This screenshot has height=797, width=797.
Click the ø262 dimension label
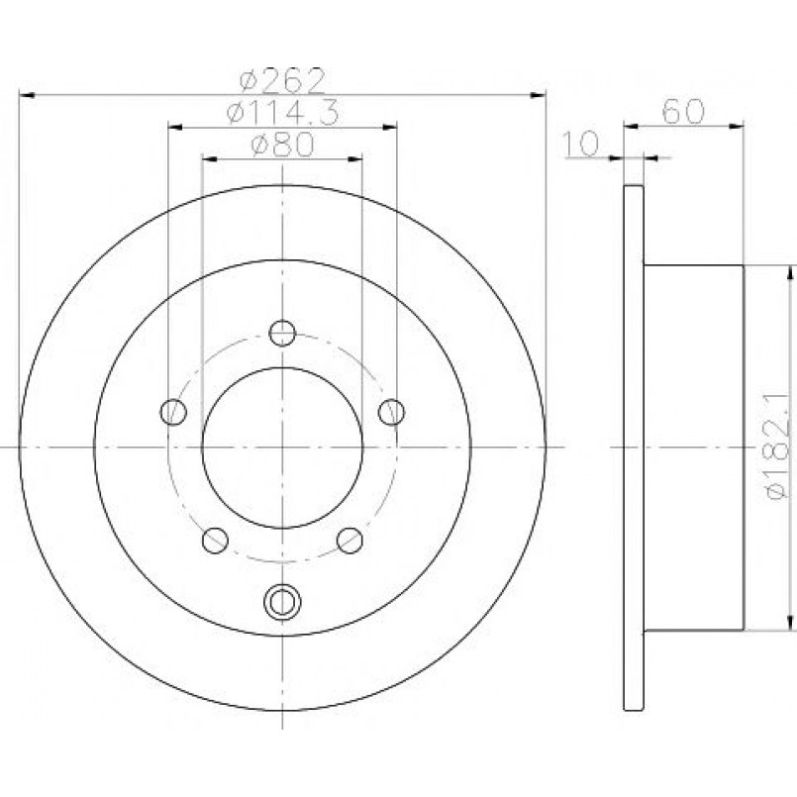282,80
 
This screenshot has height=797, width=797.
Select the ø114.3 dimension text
282,112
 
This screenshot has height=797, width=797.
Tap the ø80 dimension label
282,145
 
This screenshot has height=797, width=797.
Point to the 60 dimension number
684,111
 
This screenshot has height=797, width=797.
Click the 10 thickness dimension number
582,144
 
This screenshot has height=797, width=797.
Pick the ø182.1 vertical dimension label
778,445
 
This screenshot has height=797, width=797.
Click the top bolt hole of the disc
282,333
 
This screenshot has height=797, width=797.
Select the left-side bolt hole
173,411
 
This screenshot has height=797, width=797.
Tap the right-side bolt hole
391,411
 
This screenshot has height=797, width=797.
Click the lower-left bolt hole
215,540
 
